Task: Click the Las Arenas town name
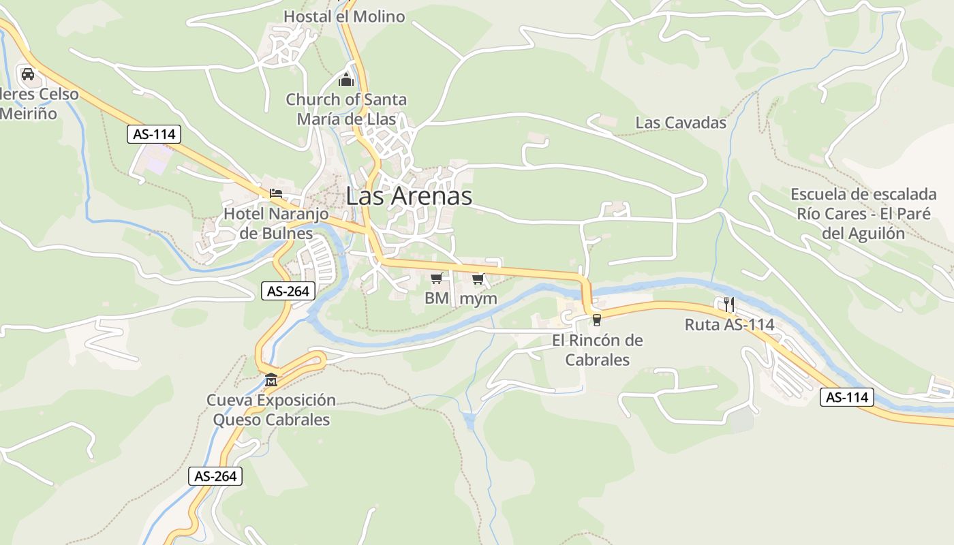(x=409, y=196)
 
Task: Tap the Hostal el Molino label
(x=344, y=16)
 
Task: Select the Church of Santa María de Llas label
(x=346, y=109)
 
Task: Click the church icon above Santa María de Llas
(x=346, y=80)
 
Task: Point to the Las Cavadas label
(x=681, y=123)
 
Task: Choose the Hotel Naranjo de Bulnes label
(x=276, y=223)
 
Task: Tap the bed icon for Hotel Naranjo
(x=276, y=193)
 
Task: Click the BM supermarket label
(x=436, y=298)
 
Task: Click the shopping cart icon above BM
(x=437, y=278)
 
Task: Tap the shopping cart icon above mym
(x=478, y=279)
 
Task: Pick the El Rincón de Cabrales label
(x=597, y=349)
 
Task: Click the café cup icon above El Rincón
(x=597, y=320)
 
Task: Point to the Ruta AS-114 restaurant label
(x=729, y=325)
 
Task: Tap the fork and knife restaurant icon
(x=729, y=304)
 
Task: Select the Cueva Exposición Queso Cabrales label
(x=271, y=409)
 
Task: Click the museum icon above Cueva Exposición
(x=271, y=379)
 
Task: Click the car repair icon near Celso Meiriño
(x=27, y=74)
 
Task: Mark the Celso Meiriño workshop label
(x=37, y=104)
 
